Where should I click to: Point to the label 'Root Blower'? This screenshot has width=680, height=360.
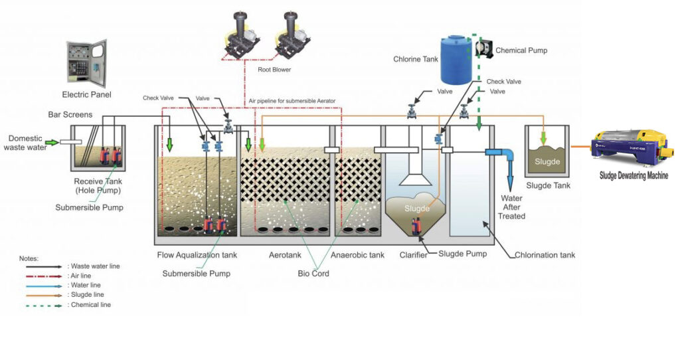274,69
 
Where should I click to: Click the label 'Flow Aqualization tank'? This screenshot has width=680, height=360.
197,255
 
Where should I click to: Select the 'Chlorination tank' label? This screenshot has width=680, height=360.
545,255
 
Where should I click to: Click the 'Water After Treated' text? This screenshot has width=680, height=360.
511,207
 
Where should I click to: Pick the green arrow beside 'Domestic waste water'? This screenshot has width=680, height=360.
51,141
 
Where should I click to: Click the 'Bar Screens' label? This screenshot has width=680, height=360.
70,115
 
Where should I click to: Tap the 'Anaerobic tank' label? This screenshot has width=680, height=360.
357,255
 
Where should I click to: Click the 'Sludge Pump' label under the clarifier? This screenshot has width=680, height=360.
463,254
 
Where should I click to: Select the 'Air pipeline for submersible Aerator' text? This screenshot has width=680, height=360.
292,101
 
